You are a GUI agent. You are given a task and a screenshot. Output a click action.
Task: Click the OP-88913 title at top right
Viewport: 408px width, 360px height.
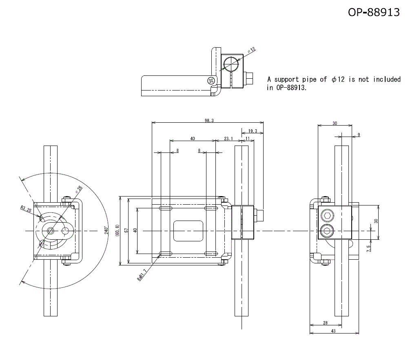[x=373, y=12]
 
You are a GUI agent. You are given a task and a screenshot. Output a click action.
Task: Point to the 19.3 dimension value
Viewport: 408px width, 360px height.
[x=253, y=131]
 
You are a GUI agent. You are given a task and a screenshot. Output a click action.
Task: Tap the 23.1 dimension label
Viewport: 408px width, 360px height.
[x=228, y=139]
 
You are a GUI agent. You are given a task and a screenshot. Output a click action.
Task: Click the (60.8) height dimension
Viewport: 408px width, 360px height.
[x=118, y=230]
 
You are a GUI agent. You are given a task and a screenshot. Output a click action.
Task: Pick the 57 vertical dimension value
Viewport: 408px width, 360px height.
[x=126, y=230]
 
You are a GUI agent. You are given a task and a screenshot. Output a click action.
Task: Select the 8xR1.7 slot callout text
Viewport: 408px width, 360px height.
[x=141, y=277]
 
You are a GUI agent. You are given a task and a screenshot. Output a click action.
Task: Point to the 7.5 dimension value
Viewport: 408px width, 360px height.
[x=368, y=248]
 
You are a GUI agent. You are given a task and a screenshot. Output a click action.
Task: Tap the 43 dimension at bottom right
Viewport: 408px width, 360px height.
[x=333, y=331]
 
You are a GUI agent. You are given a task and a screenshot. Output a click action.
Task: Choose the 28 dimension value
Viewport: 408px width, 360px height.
[x=325, y=322]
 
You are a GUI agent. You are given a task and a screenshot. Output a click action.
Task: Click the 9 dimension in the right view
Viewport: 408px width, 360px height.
[x=359, y=135]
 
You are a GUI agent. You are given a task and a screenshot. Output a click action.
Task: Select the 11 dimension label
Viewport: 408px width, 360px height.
[x=247, y=139]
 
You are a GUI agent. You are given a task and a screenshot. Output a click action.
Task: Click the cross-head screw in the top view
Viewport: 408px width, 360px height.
[x=211, y=80]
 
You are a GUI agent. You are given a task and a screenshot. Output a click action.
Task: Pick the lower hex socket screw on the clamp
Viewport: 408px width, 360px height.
[x=327, y=232]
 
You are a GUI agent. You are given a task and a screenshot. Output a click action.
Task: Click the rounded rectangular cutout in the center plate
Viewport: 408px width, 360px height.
[x=188, y=231]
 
